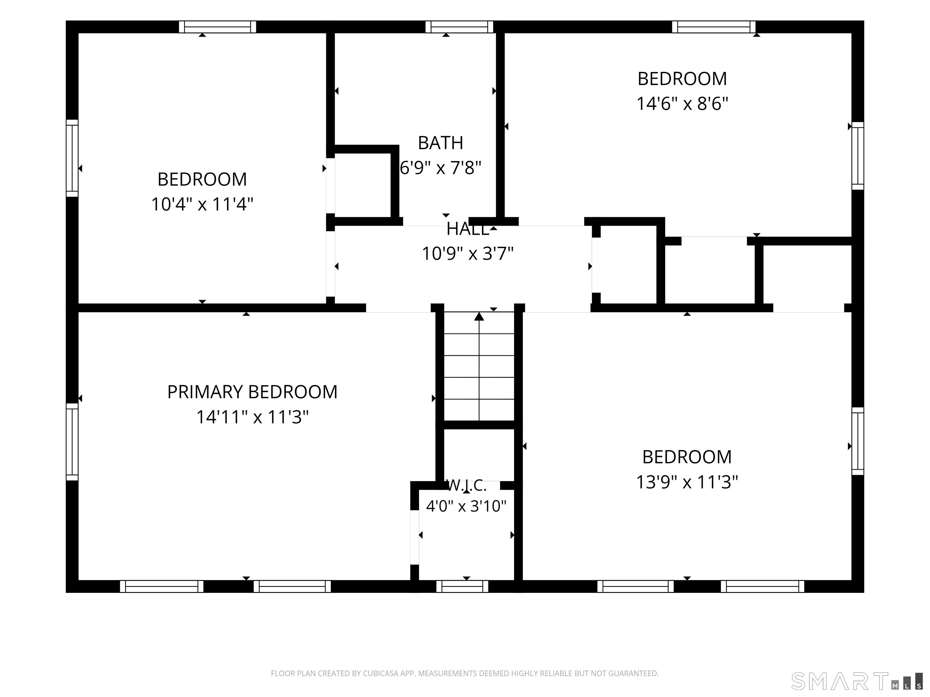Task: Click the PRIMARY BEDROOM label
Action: click(x=252, y=392)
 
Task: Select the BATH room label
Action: click(x=440, y=143)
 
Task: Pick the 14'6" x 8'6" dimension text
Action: click(x=682, y=104)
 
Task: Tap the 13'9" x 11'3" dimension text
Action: click(x=687, y=482)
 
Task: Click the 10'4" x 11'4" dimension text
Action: click(x=202, y=205)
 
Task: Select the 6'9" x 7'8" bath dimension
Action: click(x=440, y=168)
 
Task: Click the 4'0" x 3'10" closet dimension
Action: click(x=466, y=506)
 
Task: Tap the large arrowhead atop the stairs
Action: click(x=479, y=316)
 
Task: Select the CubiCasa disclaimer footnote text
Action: click(x=465, y=673)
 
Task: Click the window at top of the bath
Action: click(x=459, y=27)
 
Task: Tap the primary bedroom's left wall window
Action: click(x=72, y=442)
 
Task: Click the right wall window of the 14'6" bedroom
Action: click(x=858, y=156)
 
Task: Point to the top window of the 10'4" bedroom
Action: click(x=217, y=27)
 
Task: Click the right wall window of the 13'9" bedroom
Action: click(x=858, y=441)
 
